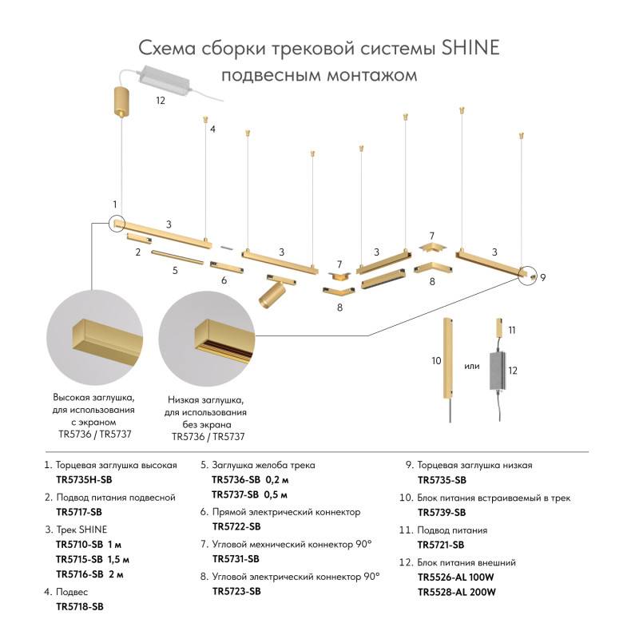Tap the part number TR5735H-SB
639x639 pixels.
[x=84, y=479]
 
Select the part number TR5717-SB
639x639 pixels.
[x=79, y=511]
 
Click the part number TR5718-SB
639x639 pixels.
[x=79, y=607]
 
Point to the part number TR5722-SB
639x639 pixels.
[x=236, y=526]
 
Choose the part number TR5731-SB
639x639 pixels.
[x=236, y=559]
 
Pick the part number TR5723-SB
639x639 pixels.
[x=236, y=591]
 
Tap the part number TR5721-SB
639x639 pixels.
[x=441, y=545]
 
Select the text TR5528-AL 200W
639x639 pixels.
[x=457, y=592]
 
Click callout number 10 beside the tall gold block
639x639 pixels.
[x=436, y=361]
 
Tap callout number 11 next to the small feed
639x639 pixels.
[x=512, y=329]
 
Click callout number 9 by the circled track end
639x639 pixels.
[x=542, y=277]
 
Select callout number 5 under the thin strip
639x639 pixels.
[x=174, y=270]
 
